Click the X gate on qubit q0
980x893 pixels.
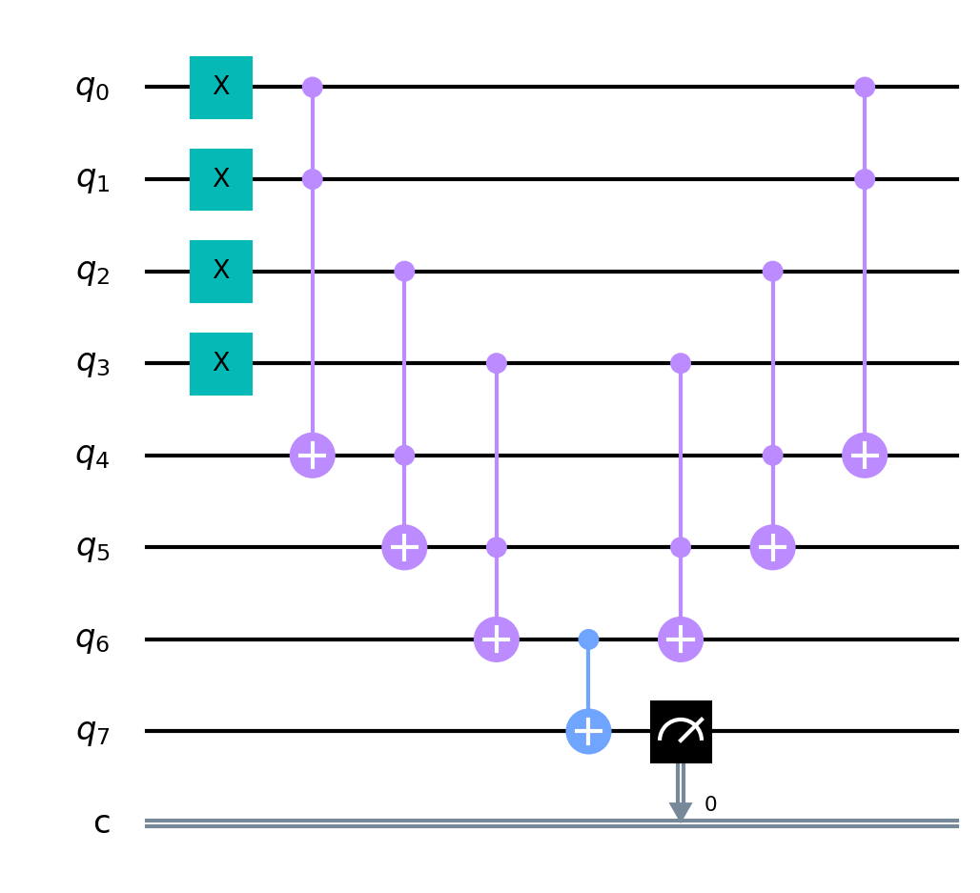coord(221,87)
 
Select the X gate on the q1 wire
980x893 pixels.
coord(221,179)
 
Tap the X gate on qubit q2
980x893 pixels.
coord(221,272)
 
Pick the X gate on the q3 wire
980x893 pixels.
coord(221,364)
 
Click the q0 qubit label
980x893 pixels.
coord(92,88)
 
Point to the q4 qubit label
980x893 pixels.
coord(92,457)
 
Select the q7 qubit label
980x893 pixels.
coord(92,732)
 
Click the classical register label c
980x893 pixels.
coord(102,823)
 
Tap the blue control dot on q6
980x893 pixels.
coord(588,639)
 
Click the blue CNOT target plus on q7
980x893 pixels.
coord(588,731)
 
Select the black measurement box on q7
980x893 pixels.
coord(681,732)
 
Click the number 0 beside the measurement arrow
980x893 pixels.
coord(710,803)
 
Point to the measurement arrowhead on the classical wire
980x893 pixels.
coord(681,812)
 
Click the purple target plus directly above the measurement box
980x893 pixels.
coord(681,639)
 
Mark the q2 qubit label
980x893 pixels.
coord(92,273)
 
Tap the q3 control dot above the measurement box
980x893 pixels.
coord(681,363)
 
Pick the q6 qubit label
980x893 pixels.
coord(92,640)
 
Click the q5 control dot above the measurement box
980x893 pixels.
coord(681,547)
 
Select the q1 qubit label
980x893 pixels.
coord(92,180)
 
